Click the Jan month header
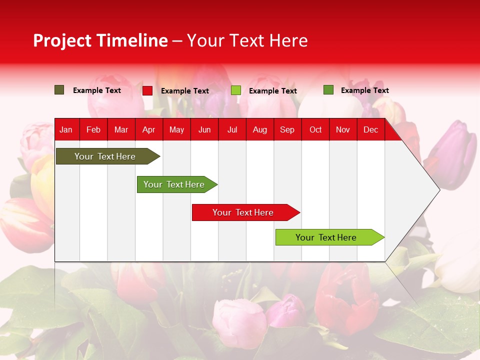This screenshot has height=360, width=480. (66, 130)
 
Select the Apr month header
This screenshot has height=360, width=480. (148, 130)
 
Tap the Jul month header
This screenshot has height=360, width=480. (232, 130)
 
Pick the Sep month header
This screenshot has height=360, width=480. (287, 130)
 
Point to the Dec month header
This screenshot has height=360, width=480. (370, 130)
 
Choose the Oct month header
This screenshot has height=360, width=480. (315, 130)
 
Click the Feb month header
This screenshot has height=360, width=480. (93, 130)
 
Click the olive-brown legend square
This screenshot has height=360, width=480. (59, 90)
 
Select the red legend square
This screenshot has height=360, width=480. (147, 90)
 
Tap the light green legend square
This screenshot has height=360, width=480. (236, 90)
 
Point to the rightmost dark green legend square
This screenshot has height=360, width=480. (328, 90)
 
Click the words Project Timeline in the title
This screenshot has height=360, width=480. (100, 40)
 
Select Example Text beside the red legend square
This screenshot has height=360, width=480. (185, 91)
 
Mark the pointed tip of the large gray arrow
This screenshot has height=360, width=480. (439, 189)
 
